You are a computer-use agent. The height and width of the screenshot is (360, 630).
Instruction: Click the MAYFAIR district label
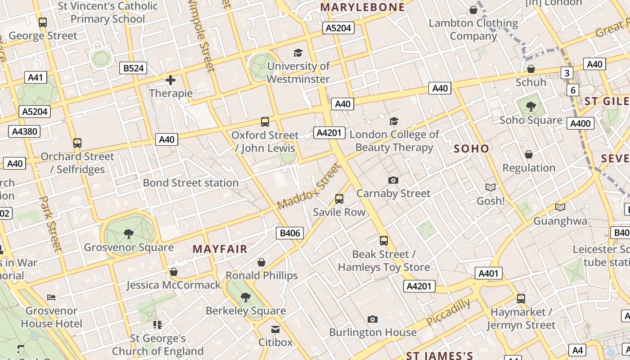point(220,249)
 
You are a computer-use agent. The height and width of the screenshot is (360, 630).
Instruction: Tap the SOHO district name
point(471,148)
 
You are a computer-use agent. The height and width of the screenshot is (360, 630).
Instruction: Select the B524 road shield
point(134,68)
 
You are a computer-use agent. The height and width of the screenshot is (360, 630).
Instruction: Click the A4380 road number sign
point(24,131)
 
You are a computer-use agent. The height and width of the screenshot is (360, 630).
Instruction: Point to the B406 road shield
point(289,233)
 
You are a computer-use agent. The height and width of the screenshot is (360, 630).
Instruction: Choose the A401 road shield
point(488,273)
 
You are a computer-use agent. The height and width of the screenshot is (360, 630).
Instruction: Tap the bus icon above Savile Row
point(339,198)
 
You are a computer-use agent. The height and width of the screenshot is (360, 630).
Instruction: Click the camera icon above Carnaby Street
point(393,180)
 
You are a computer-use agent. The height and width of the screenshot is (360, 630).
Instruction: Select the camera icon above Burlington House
point(373,319)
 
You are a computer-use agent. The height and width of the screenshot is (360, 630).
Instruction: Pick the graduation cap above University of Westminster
point(298,53)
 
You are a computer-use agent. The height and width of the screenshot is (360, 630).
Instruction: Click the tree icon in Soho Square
point(531,107)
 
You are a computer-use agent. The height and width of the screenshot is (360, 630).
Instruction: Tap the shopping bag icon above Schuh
point(531,69)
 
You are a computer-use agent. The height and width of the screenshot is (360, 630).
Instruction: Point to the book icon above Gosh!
point(490,187)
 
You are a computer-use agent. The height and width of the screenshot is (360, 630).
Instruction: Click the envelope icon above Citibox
point(275,329)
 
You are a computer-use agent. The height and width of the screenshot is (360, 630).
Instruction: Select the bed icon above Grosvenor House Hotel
point(51,297)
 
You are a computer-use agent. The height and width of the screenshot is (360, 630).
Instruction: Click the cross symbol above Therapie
point(171,81)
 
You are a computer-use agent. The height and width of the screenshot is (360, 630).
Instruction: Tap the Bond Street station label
point(191,183)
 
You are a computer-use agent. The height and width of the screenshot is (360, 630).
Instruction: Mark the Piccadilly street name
point(448,312)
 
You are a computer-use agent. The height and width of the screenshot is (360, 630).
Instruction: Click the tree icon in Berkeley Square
point(246,297)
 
